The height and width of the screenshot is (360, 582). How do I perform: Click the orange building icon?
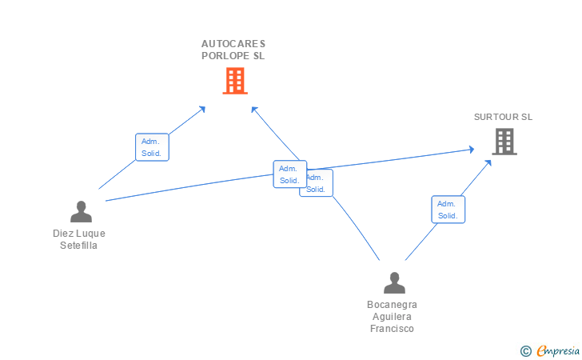pyautogui.click(x=234, y=81)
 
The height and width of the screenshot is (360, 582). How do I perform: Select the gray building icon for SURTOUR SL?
pyautogui.click(x=504, y=142)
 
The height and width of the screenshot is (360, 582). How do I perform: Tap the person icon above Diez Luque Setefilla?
pyautogui.click(x=81, y=212)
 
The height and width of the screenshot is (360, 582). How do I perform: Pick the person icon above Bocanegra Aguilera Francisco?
pyautogui.click(x=393, y=283)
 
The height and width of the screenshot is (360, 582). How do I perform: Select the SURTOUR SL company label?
pyautogui.click(x=503, y=117)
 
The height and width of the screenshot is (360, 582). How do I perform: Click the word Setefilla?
pyautogui.click(x=79, y=246)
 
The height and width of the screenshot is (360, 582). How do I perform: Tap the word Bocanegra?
pyautogui.click(x=392, y=305)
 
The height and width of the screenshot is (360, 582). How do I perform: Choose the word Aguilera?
pyautogui.click(x=392, y=317)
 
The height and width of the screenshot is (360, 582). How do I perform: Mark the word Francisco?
pyautogui.click(x=392, y=329)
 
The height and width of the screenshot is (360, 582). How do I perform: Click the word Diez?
pyautogui.click(x=63, y=234)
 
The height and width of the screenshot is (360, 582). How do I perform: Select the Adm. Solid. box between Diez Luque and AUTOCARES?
pyautogui.click(x=152, y=147)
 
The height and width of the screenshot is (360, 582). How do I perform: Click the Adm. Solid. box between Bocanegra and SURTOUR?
pyautogui.click(x=448, y=210)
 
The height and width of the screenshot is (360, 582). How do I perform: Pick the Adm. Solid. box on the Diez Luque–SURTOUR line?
pyautogui.click(x=289, y=174)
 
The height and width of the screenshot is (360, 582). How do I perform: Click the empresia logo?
pyautogui.click(x=558, y=350)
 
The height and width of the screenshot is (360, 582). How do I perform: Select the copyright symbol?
pyautogui.click(x=525, y=350)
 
